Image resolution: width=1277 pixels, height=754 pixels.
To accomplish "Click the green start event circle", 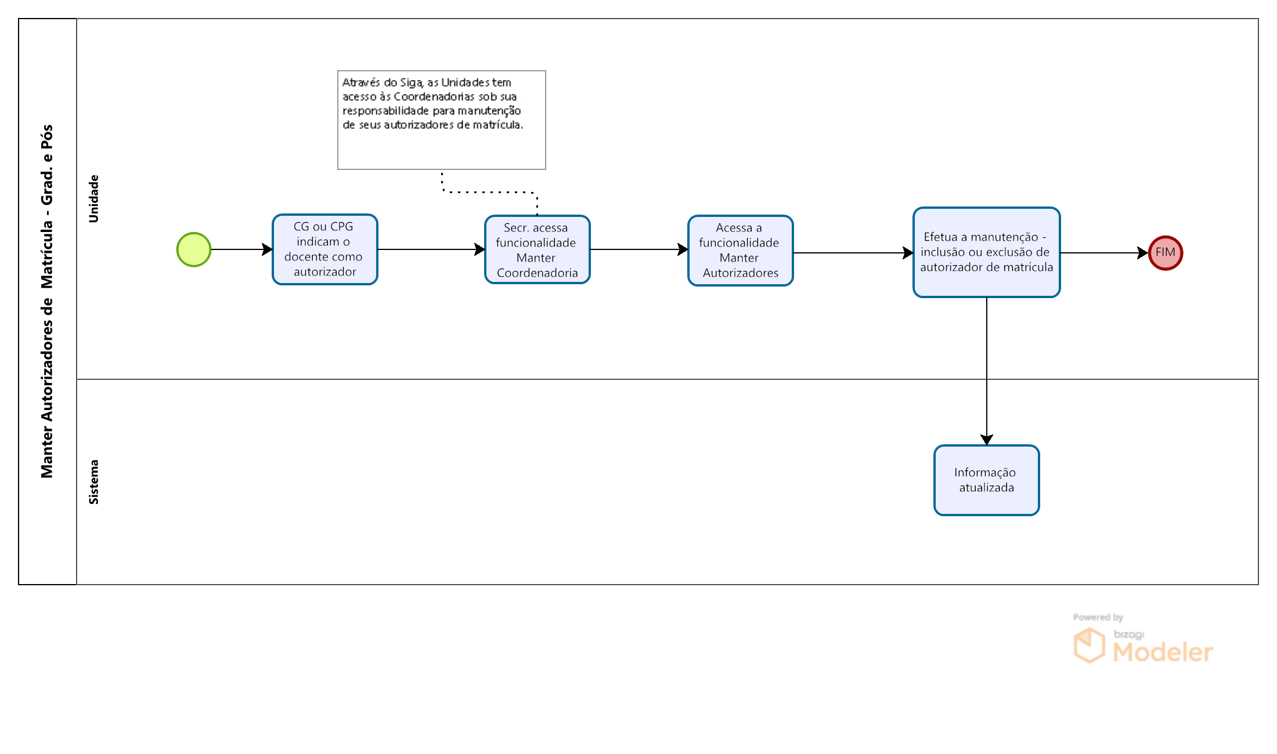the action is pos(194,249).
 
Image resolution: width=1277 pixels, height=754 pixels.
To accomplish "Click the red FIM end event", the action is pos(1166,253).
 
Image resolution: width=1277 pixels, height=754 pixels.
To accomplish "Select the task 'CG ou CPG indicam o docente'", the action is pos(325,249).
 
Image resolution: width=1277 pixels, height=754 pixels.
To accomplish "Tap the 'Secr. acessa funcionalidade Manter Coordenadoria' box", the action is pos(538,249).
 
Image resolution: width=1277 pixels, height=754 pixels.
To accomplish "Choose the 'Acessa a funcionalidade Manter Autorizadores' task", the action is pos(741,251).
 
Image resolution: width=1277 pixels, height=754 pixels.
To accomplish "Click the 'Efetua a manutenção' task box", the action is pos(987,252).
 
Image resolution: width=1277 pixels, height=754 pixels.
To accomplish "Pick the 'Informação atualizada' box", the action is pos(987,480).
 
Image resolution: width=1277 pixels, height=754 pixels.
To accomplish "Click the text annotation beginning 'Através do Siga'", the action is pos(442,120).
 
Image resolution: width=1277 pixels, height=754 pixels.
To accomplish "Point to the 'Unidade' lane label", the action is pos(93,198).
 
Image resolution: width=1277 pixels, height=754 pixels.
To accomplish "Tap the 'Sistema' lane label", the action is pos(93,482).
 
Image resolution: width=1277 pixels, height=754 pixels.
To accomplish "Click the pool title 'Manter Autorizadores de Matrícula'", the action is pos(47,302).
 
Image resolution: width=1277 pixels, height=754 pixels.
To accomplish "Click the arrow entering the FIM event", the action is pos(1105,253).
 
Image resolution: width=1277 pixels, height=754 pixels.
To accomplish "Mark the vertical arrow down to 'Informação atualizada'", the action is pos(987,371).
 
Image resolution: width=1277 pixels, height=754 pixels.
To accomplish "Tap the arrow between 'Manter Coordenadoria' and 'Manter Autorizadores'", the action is pos(639,249).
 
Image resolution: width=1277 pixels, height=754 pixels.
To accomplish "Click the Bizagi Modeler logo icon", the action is pos(1089,645).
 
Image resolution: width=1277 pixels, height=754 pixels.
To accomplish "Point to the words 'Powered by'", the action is pos(1098,617).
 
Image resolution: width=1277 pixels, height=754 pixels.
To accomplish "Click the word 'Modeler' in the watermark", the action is pos(1163,652).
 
